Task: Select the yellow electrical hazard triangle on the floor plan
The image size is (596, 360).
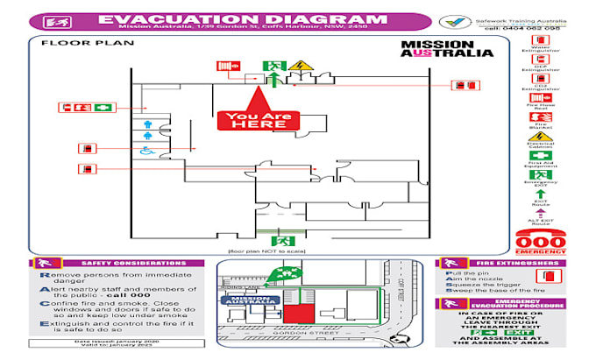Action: (300, 66)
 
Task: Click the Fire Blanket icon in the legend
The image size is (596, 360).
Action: (540, 116)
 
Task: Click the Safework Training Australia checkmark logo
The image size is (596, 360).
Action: (452, 21)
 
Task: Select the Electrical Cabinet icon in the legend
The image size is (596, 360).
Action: (540, 137)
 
